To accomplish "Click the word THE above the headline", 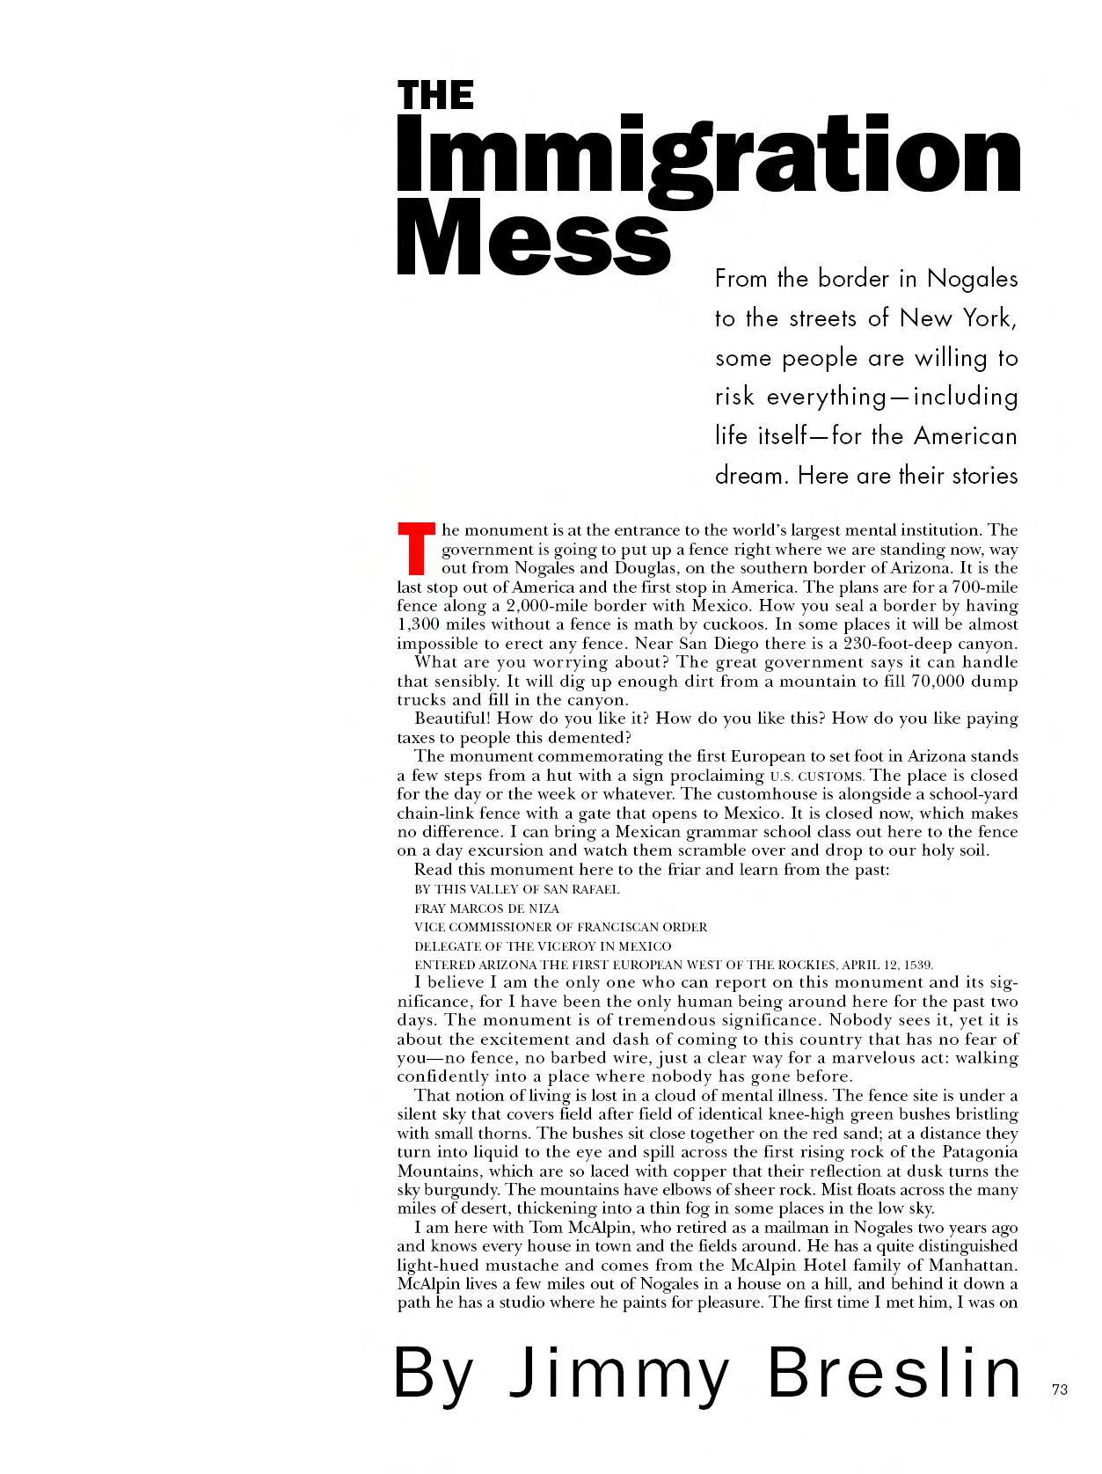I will (435, 95).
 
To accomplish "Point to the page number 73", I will (1059, 1390).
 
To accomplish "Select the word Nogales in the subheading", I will (973, 279).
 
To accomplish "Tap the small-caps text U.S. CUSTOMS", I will (817, 777).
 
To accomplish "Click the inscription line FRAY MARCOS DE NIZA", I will (486, 908).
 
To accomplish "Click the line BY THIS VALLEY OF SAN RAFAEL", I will (516, 889).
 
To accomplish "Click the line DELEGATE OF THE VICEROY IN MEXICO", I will (543, 946).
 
